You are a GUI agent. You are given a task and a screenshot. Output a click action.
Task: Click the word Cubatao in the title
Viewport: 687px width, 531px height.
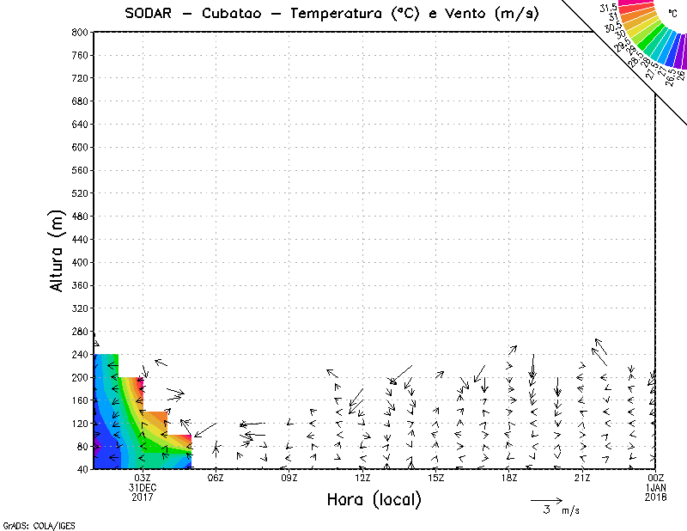[x=234, y=14]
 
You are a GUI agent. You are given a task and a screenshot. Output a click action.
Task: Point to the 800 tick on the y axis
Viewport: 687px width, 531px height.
[x=81, y=32]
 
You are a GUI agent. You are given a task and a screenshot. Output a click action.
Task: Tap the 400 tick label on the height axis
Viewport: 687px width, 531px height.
[x=81, y=262]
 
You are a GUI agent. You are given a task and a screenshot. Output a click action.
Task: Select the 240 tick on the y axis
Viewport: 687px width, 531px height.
[x=81, y=354]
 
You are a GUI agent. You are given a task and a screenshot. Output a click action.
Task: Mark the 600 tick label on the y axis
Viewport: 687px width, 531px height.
[x=81, y=147]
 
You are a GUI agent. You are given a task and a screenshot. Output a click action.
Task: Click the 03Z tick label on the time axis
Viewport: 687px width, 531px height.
[x=143, y=478]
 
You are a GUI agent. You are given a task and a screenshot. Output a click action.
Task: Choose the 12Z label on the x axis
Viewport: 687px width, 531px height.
[x=363, y=478]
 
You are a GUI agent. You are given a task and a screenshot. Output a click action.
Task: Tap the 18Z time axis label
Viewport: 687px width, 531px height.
[x=509, y=478]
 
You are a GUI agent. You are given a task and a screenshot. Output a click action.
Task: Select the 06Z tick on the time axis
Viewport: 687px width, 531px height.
[x=216, y=478]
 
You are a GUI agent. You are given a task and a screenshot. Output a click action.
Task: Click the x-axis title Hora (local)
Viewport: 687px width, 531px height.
[x=374, y=499]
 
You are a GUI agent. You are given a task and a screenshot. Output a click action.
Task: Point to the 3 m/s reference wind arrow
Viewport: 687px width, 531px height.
[x=546, y=499]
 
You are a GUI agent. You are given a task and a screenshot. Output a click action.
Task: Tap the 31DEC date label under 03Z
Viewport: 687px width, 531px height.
[x=143, y=487]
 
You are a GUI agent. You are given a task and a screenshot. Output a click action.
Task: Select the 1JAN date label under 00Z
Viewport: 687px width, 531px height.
[x=656, y=487]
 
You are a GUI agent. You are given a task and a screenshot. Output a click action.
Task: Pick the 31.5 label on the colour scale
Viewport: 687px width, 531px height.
[x=609, y=8]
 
